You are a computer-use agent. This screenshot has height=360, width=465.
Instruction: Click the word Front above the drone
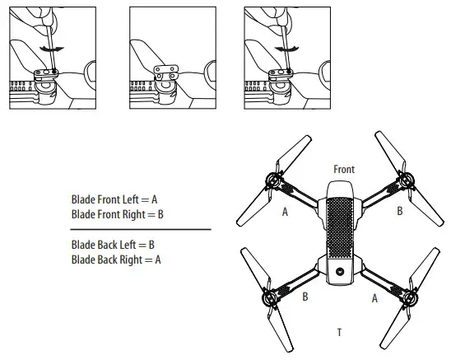(344, 169)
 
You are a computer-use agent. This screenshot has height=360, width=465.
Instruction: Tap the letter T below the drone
(339, 332)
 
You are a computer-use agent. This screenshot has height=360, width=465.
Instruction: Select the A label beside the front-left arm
(285, 212)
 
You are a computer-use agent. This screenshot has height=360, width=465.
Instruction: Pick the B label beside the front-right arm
(400, 212)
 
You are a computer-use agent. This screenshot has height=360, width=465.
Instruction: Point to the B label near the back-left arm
(305, 297)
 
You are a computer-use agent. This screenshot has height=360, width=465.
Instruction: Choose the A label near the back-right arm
(374, 299)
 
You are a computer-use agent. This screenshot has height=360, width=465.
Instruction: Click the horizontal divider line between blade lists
(140, 229)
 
